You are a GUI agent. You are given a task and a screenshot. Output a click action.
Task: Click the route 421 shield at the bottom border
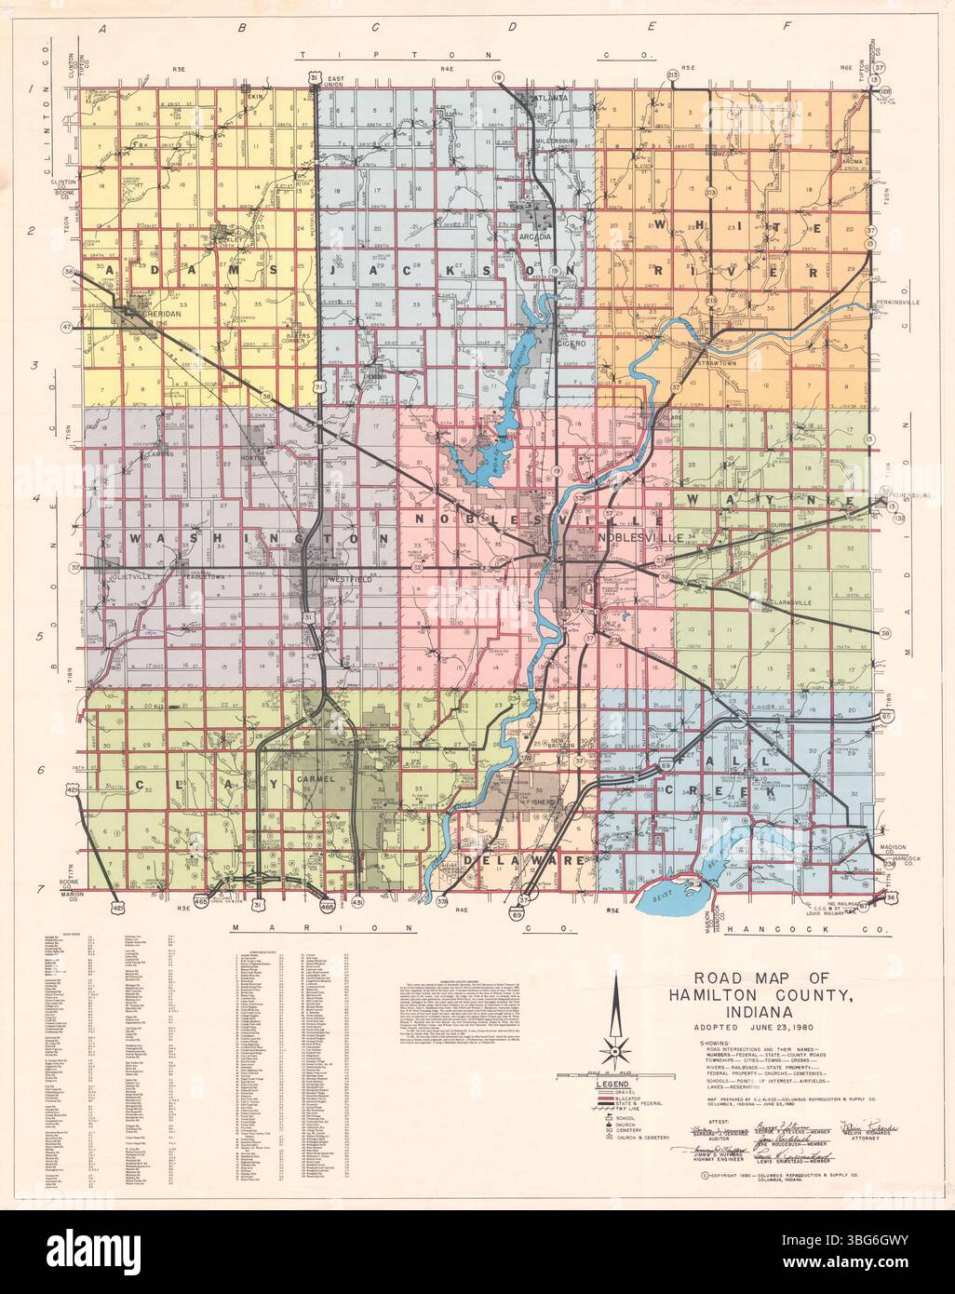pos(116,906)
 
